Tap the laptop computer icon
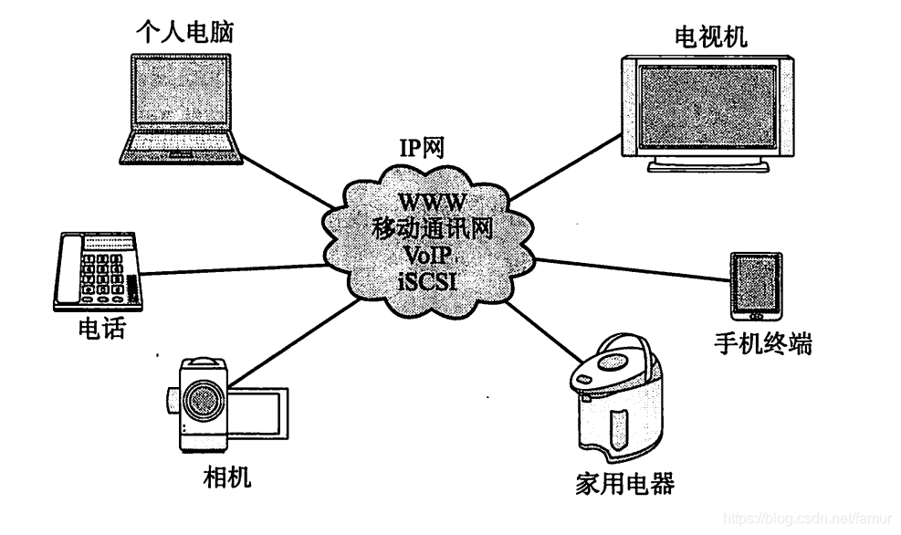click(184, 108)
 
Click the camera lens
click(203, 400)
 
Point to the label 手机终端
click(762, 344)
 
